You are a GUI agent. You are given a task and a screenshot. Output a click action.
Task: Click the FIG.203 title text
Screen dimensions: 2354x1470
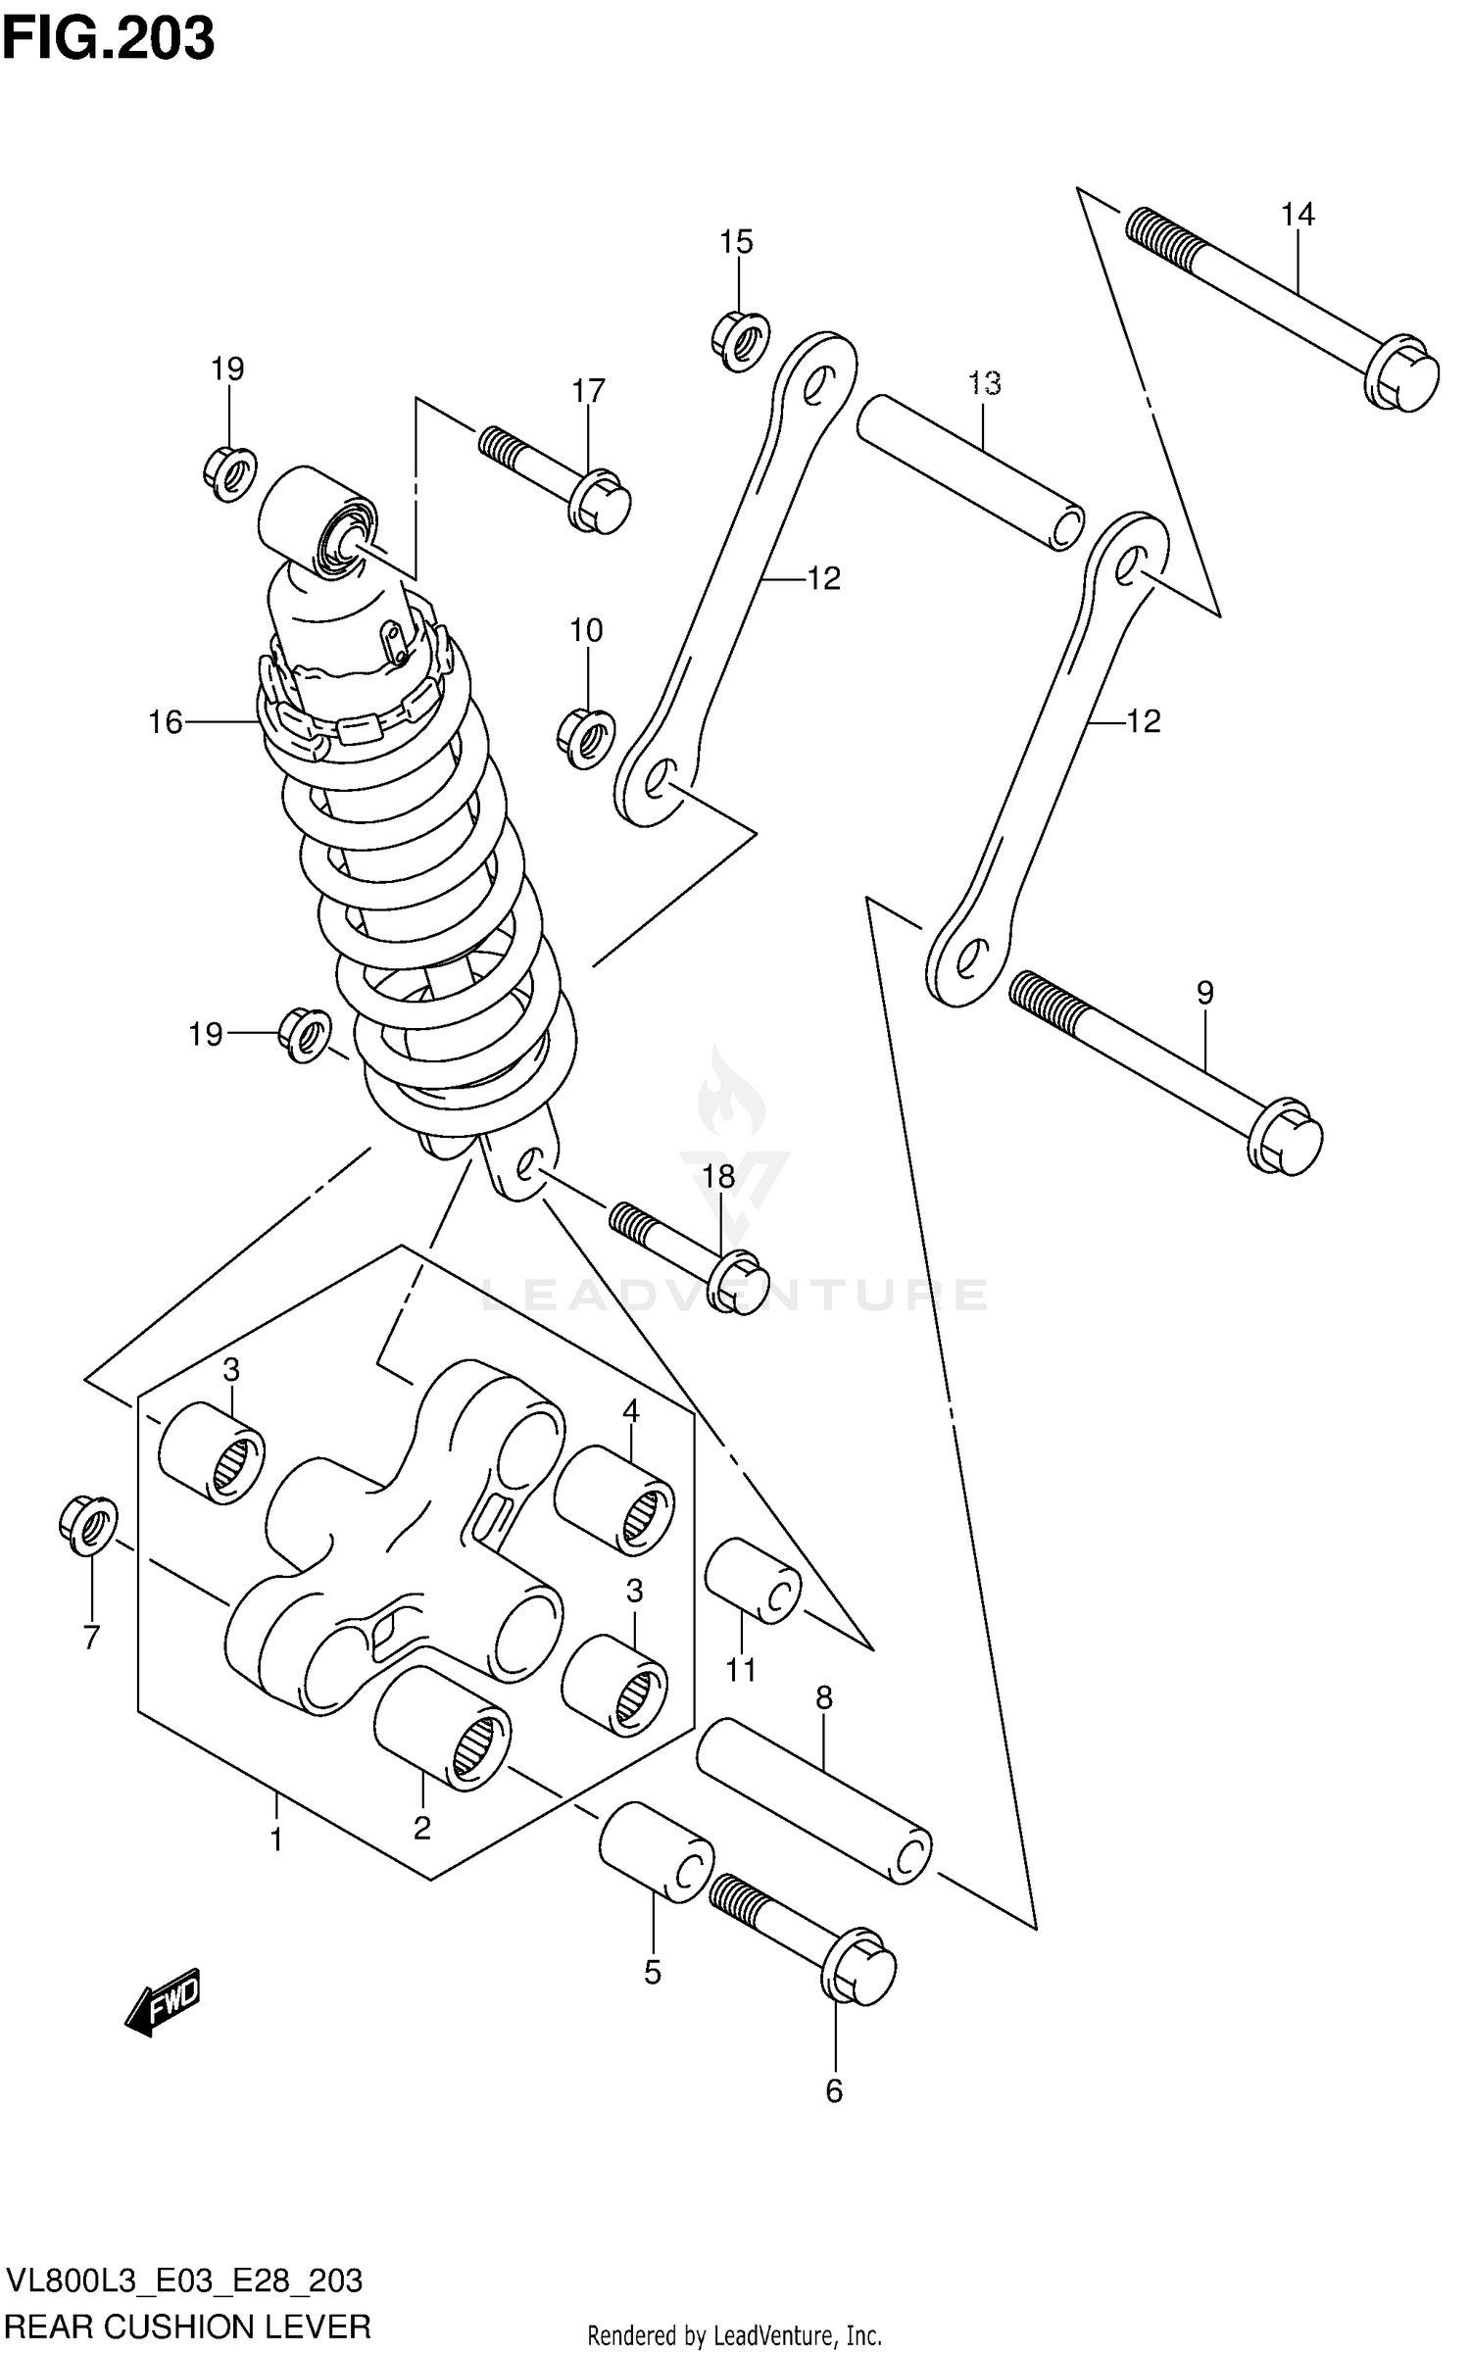coord(108,39)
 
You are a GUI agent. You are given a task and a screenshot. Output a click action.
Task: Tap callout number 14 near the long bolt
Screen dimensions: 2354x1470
coord(1298,215)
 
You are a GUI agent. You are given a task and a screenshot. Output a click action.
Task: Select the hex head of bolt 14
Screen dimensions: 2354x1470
coord(1404,375)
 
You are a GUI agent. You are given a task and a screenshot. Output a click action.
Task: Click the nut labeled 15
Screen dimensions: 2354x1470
coord(740,340)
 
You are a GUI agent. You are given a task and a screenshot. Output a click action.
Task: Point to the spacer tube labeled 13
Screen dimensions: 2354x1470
coord(970,471)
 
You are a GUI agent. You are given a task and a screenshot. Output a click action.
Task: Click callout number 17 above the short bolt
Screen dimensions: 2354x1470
coord(588,391)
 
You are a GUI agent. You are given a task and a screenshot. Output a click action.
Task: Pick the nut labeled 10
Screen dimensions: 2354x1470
coord(586,738)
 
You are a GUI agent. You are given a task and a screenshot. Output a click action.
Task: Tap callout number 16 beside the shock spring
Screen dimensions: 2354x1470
coord(165,722)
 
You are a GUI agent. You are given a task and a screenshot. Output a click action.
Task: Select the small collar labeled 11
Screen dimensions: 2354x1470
coord(753,1581)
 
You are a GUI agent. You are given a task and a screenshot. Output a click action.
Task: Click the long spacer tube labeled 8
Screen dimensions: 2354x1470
coord(813,1800)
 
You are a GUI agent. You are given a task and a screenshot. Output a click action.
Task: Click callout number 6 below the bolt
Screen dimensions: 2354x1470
coord(834,2091)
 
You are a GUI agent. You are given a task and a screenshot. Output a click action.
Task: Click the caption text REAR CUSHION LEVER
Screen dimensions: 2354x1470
coord(188,2326)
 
